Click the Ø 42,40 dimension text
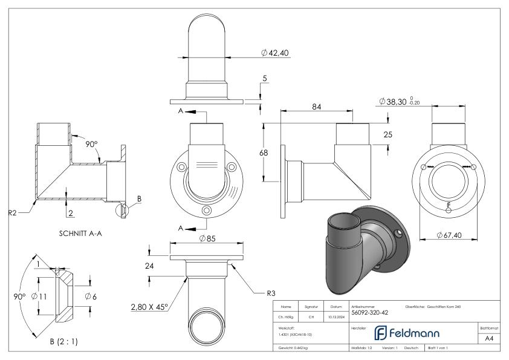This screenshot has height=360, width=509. click(x=276, y=53)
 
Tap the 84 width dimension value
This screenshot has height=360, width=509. click(x=316, y=106)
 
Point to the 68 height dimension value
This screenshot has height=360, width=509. click(x=264, y=153)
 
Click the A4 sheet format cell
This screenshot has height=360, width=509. click(x=489, y=339)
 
